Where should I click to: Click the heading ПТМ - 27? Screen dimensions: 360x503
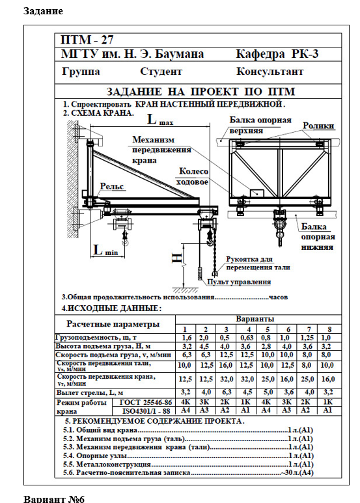pyautogui.click(x=87, y=40)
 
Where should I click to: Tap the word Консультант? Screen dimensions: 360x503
pyautogui.click(x=270, y=71)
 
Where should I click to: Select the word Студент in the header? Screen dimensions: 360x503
pyautogui.click(x=161, y=71)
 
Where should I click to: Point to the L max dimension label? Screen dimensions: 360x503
pyautogui.click(x=160, y=120)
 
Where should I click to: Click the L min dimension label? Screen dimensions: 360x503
pyautogui.click(x=105, y=250)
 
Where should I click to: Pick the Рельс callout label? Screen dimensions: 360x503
pyautogui.click(x=112, y=186)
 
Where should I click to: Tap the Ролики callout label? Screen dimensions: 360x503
pyautogui.click(x=318, y=126)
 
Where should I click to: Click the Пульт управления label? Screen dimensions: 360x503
pyautogui.click(x=239, y=282)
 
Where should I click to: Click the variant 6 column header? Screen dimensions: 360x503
pyautogui.click(x=288, y=329)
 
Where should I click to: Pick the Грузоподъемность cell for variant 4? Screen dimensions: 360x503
pyautogui.click(x=247, y=338)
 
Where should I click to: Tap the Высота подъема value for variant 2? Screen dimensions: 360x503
pyautogui.click(x=204, y=346)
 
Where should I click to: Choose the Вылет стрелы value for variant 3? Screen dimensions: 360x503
pyautogui.click(x=226, y=392)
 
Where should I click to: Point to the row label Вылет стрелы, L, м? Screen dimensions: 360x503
pyautogui.click(x=90, y=392)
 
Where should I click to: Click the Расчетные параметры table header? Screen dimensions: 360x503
pyautogui.click(x=113, y=324)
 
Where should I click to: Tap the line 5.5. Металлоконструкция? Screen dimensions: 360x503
pyautogui.click(x=107, y=464)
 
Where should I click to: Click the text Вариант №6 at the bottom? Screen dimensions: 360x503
pyautogui.click(x=54, y=499)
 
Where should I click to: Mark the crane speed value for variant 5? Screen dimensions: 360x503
pyautogui.click(x=268, y=379)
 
